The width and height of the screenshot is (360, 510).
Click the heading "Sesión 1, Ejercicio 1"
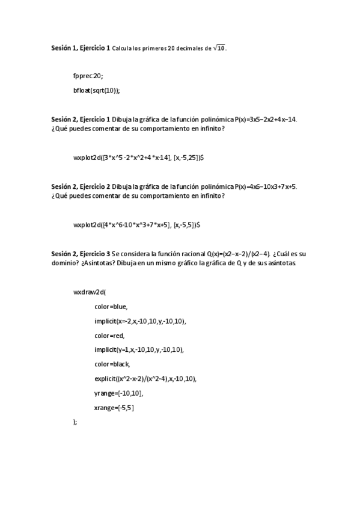point(81,48)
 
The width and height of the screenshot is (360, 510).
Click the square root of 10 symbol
point(218,48)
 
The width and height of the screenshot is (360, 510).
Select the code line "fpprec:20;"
point(88,76)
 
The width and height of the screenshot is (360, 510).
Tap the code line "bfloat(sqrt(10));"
point(97,90)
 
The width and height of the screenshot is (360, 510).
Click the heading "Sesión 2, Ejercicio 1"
point(81,119)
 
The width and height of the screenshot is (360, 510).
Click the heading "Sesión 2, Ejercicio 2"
point(81,186)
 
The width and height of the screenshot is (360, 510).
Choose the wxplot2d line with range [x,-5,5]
point(136,225)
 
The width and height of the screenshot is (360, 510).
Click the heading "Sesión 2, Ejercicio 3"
point(81,254)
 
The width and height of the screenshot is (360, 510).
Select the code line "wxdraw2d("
point(90,292)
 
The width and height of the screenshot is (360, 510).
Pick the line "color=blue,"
point(111,307)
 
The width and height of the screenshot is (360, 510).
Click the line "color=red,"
point(109,336)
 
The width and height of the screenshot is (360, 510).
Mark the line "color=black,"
point(112,364)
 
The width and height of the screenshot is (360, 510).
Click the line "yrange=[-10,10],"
point(118,393)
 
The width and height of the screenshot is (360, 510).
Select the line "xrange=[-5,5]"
point(114,408)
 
